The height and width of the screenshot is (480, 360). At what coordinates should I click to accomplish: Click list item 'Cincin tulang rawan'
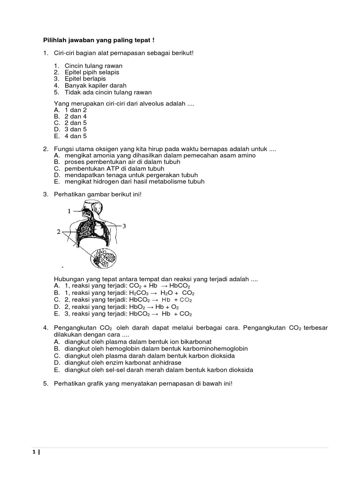(93, 66)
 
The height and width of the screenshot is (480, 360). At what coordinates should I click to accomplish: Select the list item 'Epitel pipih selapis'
(92, 73)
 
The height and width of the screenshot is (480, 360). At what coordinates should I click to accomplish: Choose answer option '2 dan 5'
(76, 123)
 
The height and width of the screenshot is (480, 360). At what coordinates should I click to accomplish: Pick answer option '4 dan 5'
(76, 136)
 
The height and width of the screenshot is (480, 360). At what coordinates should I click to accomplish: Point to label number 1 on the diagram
(69, 211)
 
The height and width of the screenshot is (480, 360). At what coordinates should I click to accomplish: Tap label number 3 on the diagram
(124, 226)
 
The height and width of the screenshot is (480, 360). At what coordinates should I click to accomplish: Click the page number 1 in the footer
(34, 452)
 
